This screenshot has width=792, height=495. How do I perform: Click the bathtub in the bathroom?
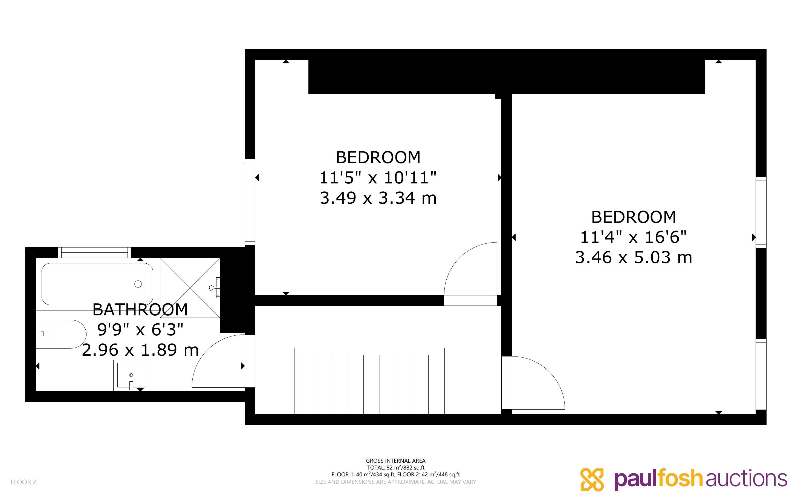[x=97, y=284]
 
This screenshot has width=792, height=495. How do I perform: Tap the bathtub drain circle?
[x=138, y=284]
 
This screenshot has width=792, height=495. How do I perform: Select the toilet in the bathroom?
[x=61, y=334]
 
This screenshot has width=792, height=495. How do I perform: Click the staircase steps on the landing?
[x=369, y=381]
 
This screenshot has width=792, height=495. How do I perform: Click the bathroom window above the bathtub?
[x=94, y=252]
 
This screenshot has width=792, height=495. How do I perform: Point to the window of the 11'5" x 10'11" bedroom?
[x=250, y=202]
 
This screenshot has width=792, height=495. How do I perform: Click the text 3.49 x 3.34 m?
[x=378, y=198]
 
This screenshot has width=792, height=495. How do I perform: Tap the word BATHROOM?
[x=140, y=310]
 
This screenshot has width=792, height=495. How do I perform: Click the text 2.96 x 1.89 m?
[x=140, y=350]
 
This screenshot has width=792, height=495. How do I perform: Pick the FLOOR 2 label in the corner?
[x=24, y=482]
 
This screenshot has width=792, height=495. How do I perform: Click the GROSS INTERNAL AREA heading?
[x=395, y=461]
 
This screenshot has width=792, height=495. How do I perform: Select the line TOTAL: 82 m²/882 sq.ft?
[x=395, y=468]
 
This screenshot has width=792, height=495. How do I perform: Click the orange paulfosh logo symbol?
[x=592, y=480]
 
